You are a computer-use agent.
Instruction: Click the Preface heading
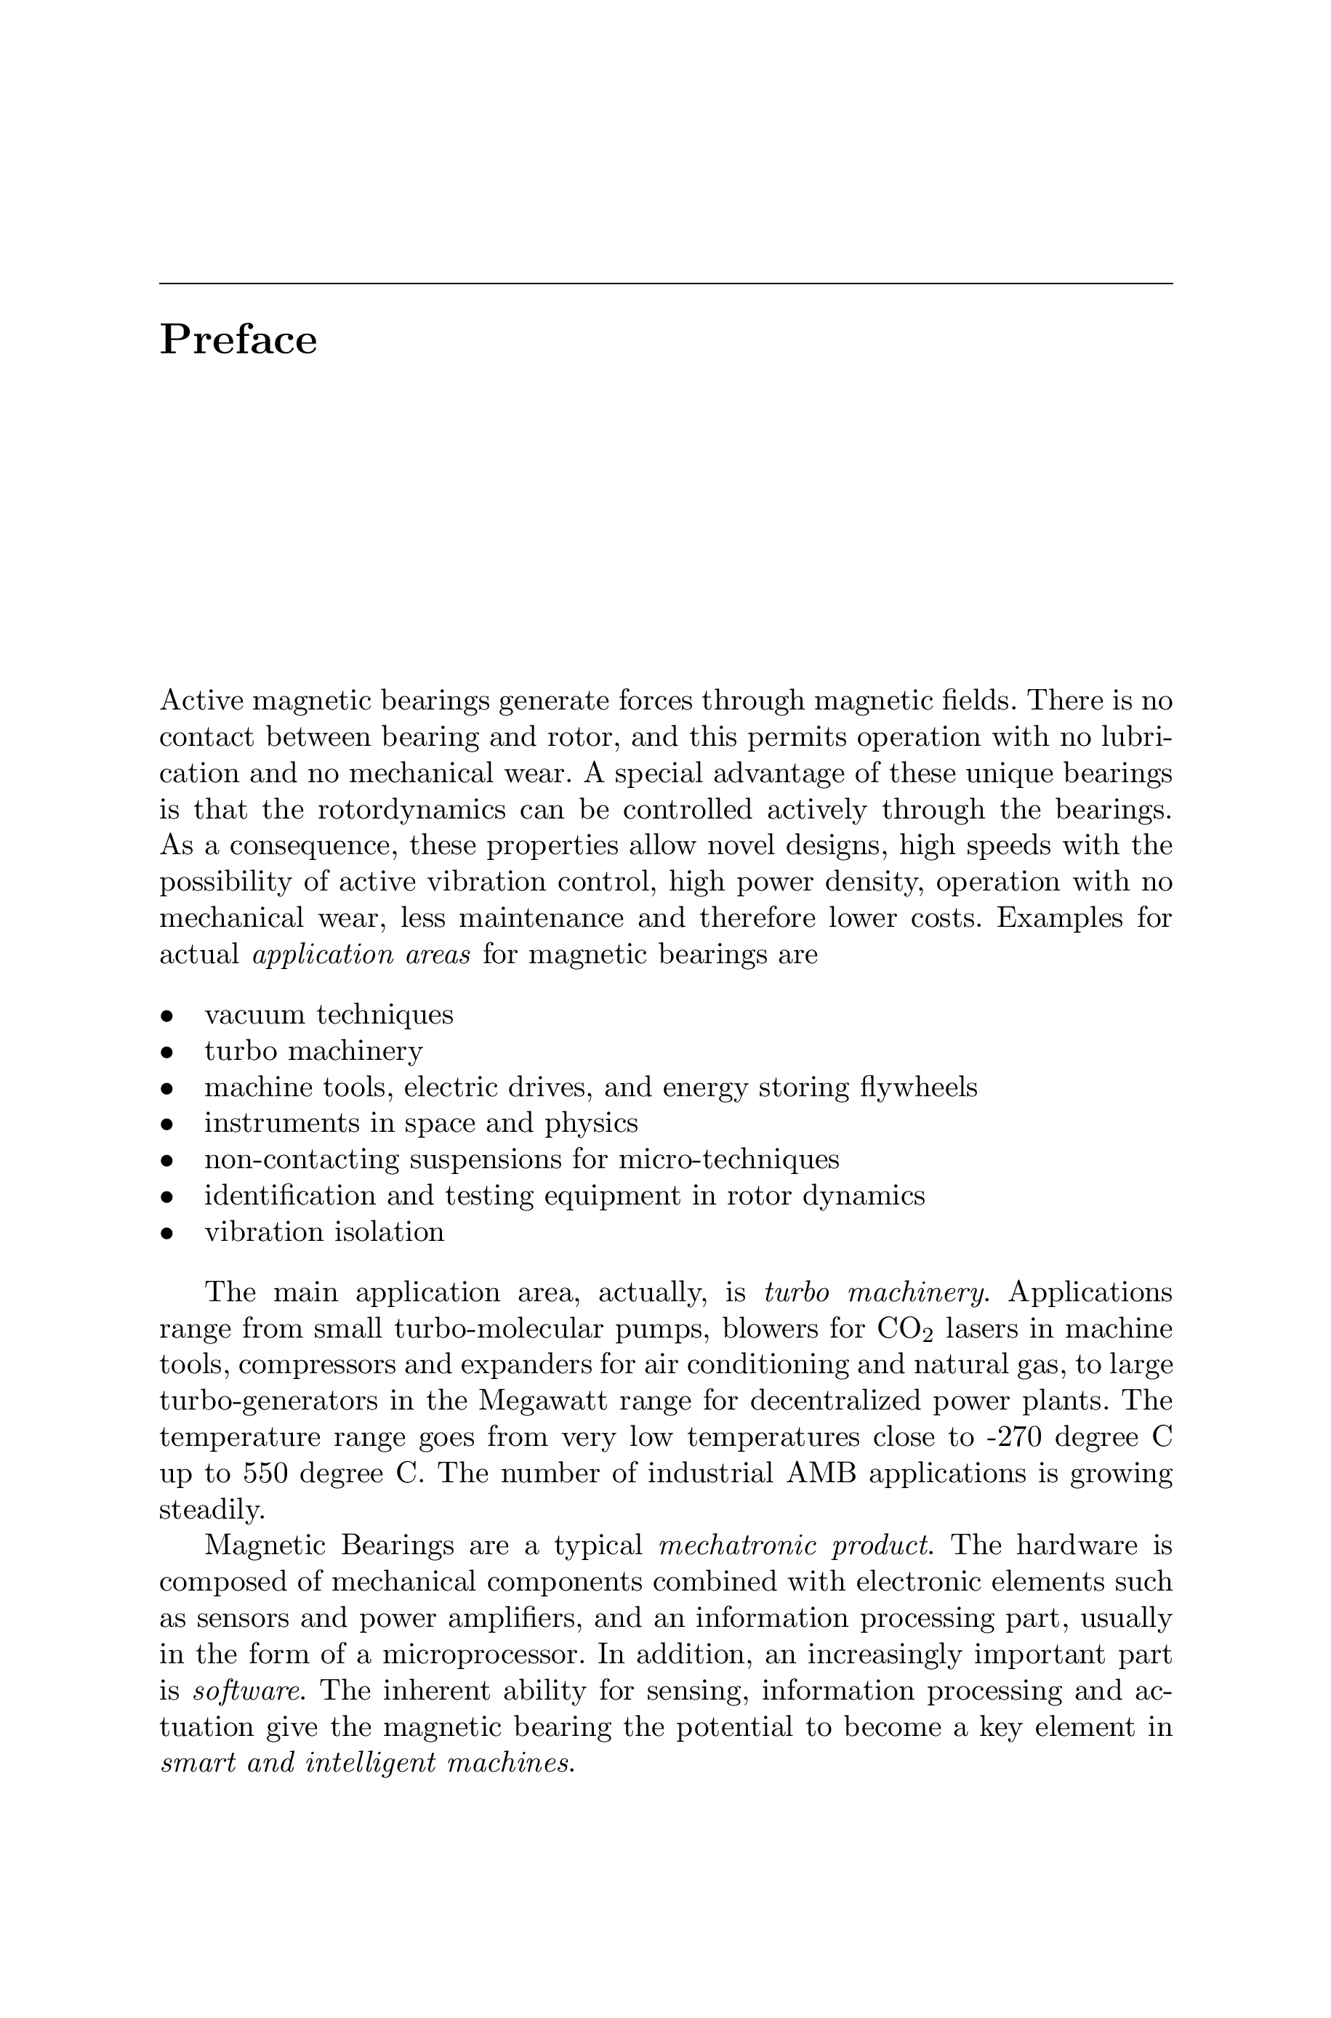coord(238,340)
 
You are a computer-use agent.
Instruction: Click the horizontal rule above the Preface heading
coord(666,284)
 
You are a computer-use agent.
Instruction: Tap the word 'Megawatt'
coord(543,1401)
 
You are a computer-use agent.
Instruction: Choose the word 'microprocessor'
coord(482,1655)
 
